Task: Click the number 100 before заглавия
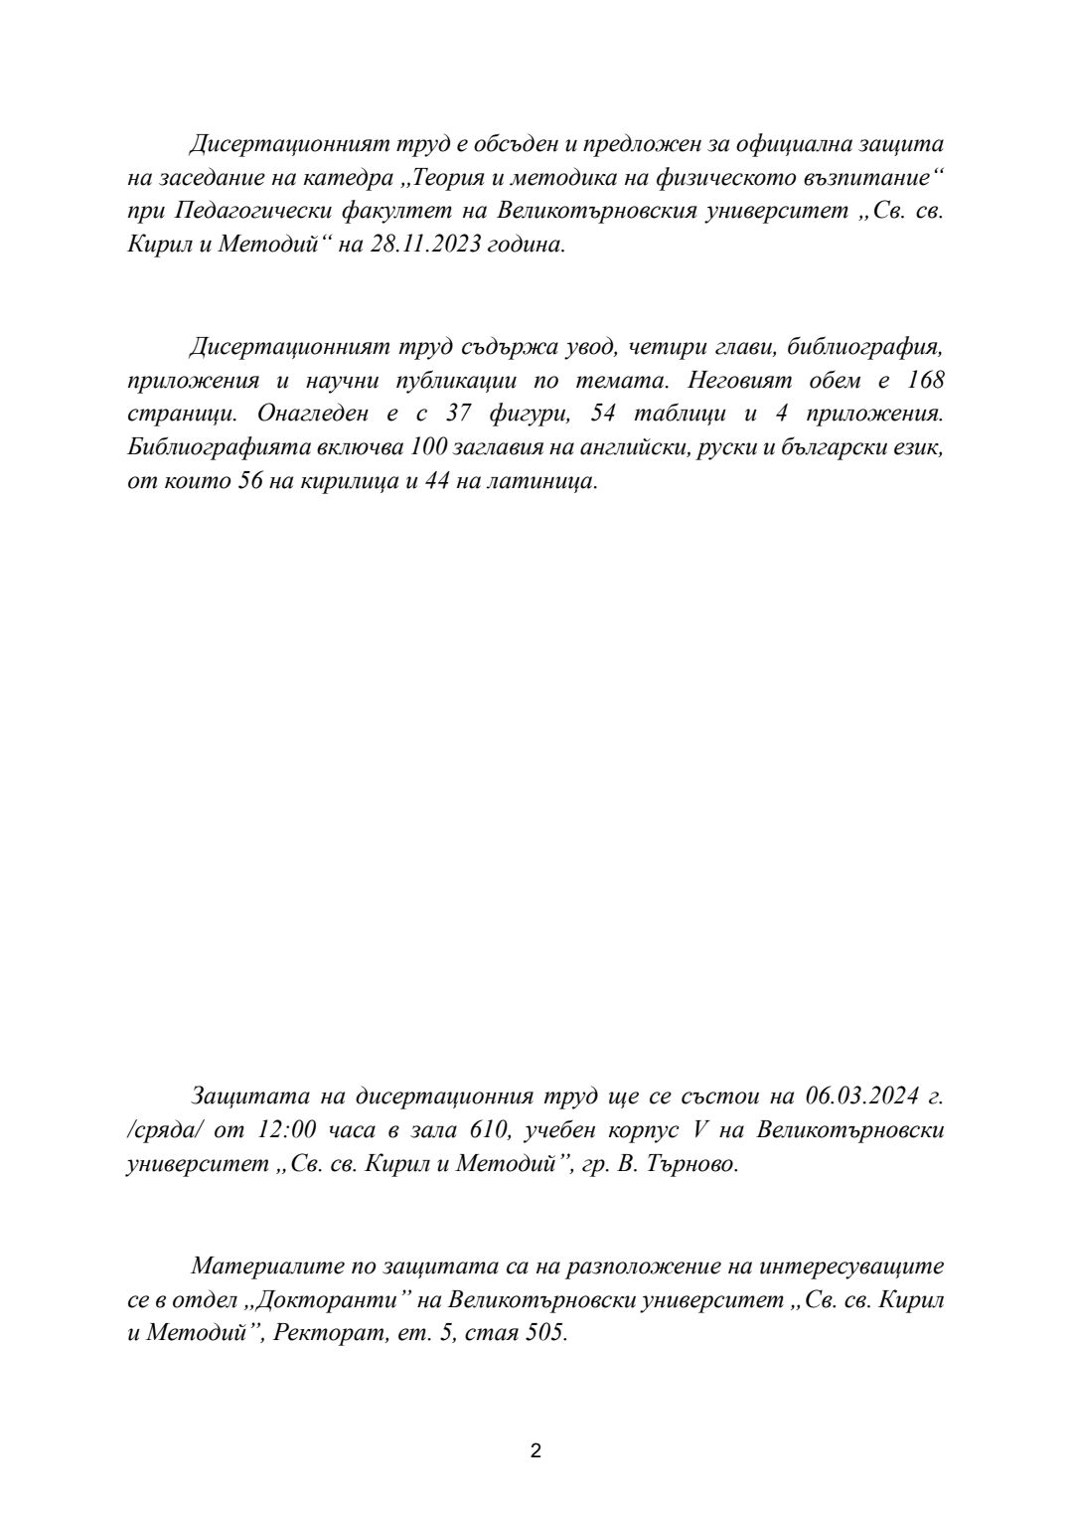[x=424, y=448]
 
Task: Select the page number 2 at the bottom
[x=536, y=1450]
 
